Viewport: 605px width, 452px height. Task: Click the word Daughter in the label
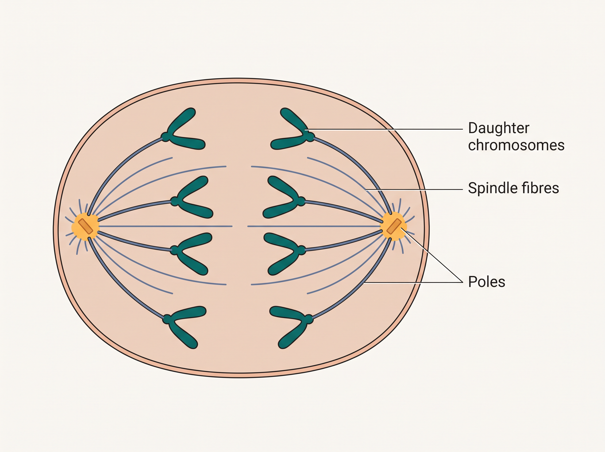[499, 128]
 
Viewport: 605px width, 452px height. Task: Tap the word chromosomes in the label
[516, 145]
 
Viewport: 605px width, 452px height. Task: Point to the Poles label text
[487, 281]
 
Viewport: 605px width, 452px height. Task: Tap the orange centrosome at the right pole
[394, 226]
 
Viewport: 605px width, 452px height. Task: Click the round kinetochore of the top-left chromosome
[165, 136]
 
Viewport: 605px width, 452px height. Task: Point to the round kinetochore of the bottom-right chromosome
[308, 319]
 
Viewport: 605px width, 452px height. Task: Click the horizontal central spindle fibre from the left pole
[165, 226]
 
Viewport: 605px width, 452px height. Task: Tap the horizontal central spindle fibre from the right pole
[314, 226]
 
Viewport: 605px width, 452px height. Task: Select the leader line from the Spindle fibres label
[414, 189]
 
